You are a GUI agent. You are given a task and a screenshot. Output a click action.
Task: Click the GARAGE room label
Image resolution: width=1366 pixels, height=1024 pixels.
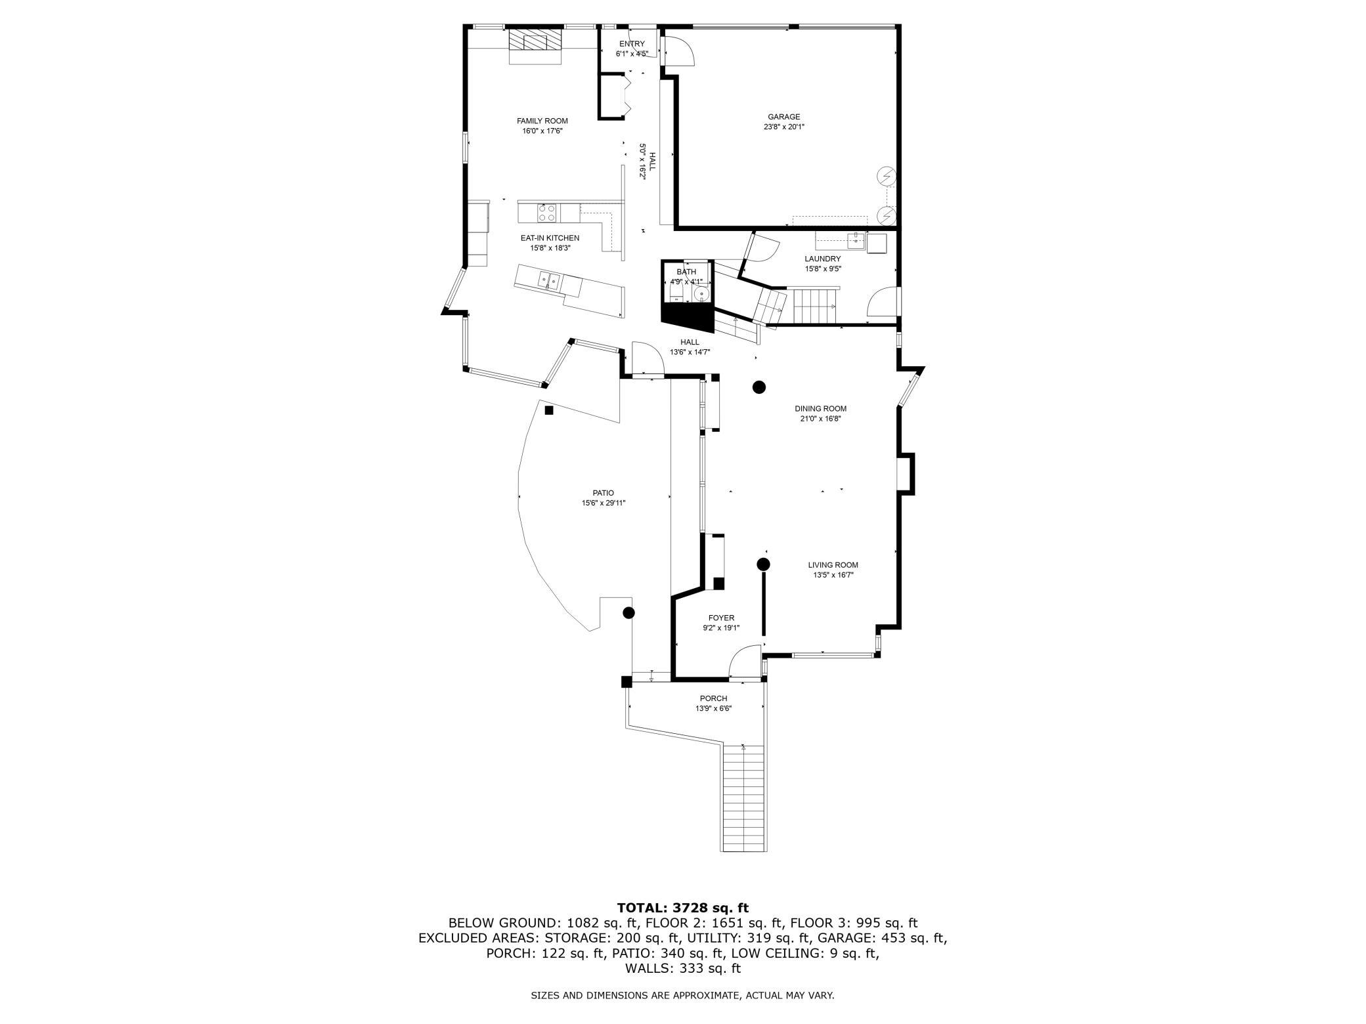(784, 117)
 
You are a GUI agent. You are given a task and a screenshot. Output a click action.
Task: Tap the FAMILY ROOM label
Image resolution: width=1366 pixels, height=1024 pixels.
(542, 121)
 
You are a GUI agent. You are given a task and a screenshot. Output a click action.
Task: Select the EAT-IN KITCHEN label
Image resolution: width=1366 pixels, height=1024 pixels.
(550, 238)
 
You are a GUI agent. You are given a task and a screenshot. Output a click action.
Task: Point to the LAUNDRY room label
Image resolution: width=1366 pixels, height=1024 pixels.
(823, 259)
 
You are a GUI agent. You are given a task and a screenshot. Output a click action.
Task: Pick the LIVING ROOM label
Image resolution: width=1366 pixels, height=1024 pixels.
(833, 565)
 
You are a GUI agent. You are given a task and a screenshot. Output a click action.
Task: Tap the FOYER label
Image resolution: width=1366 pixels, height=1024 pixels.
(721, 618)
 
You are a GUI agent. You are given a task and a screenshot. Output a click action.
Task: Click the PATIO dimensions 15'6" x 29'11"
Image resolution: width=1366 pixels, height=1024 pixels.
(604, 503)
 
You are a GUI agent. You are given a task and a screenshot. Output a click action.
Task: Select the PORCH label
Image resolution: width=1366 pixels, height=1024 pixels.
(713, 698)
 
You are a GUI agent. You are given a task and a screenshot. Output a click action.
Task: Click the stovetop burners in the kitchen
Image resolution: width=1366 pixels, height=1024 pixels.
(547, 213)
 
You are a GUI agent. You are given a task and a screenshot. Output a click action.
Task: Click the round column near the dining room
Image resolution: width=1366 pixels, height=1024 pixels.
(759, 387)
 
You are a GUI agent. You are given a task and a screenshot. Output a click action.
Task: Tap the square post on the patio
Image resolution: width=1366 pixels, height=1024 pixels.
(549, 410)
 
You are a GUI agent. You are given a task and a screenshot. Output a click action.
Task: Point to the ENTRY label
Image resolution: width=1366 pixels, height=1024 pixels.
(632, 44)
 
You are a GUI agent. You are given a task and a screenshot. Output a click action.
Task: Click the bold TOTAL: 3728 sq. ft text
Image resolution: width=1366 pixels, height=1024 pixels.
(682, 908)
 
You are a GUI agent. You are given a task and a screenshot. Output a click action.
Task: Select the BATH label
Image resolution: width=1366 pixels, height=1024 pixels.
(686, 272)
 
